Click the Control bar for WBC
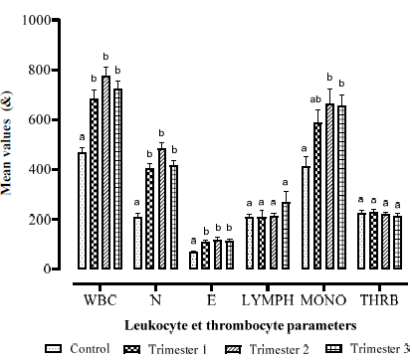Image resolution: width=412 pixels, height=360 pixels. (x=82, y=211)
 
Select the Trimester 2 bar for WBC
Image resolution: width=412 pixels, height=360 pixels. (x=105, y=172)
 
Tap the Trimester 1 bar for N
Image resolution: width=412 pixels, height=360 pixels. (x=149, y=219)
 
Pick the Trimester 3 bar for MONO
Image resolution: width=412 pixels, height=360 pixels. (x=341, y=187)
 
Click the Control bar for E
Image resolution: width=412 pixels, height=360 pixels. (x=193, y=261)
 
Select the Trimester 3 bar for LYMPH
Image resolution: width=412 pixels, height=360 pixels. (x=286, y=236)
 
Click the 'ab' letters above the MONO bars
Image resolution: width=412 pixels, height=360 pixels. (x=315, y=99)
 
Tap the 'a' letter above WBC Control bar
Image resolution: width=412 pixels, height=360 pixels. (x=82, y=137)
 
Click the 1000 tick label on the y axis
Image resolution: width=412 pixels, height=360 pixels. (x=37, y=20)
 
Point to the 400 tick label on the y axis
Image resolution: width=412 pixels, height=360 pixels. (x=40, y=170)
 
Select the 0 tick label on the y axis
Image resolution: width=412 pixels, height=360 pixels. (x=48, y=270)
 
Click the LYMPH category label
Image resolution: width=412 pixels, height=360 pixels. (x=268, y=300)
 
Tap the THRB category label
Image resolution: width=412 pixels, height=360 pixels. (x=379, y=300)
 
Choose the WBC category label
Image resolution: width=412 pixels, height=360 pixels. (x=101, y=300)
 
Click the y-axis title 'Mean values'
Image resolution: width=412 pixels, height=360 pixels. (x=6, y=157)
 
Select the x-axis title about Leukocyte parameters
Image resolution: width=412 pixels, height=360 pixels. (x=241, y=325)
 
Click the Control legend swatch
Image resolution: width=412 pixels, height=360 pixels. (x=53, y=349)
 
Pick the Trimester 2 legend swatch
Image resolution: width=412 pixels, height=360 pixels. (x=233, y=349)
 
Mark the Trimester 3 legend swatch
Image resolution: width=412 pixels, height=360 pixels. (x=334, y=348)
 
